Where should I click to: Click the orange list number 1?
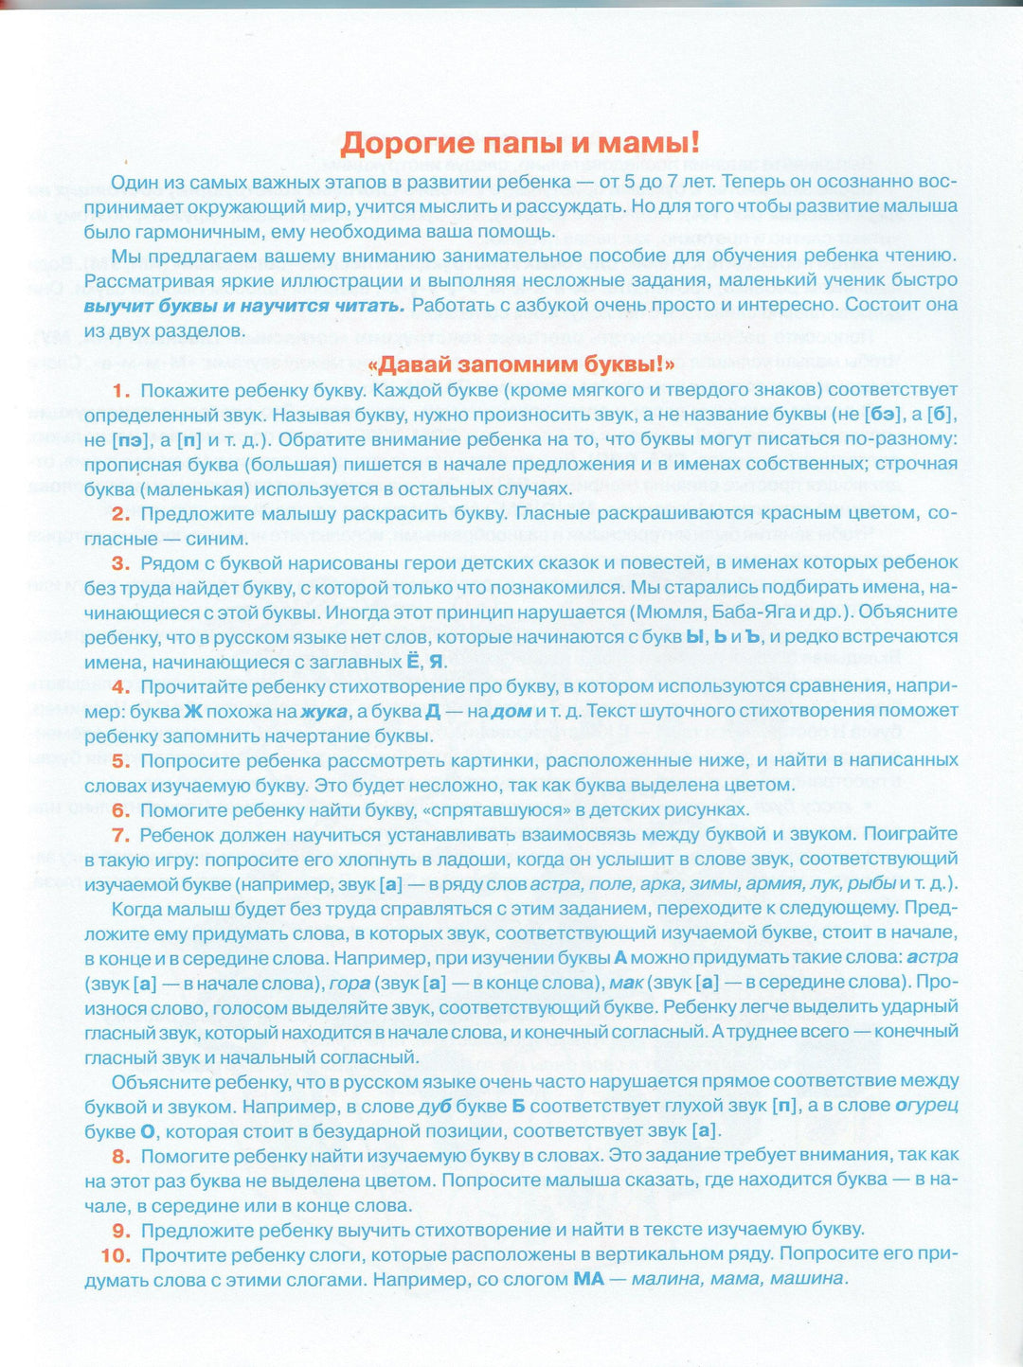[120, 390]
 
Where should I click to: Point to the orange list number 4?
[120, 686]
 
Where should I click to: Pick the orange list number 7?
[120, 835]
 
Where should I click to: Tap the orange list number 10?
[115, 1255]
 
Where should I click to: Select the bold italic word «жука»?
[324, 711]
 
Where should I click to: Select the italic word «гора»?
[350, 983]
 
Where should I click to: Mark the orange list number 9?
[120, 1231]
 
